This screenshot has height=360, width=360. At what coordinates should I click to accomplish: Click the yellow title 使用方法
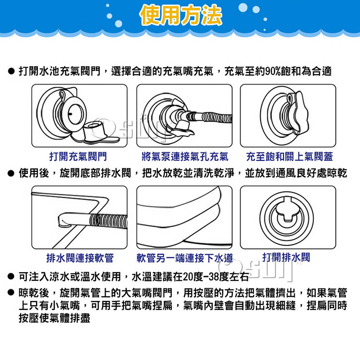coord(180,15)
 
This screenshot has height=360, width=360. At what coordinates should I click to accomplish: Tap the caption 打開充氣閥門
coord(78,156)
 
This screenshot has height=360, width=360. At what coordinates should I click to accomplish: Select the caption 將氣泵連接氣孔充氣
coord(185,156)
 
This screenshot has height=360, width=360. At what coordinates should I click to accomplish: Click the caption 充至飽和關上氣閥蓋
coord(289,156)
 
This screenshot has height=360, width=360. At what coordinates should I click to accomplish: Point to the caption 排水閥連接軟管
coord(80,258)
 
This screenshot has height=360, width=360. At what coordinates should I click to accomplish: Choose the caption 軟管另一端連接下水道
coord(185,258)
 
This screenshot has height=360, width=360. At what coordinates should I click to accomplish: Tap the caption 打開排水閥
coord(286,257)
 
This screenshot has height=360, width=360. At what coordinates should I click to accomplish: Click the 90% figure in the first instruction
coord(273,71)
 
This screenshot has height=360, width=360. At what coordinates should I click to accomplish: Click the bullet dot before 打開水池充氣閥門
coord(11,71)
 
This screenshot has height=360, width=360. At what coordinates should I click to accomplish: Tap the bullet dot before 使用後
coord(11,173)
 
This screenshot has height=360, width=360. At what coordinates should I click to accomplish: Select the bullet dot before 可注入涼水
coord(11,276)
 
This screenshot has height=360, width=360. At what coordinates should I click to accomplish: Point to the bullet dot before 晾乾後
coord(11,292)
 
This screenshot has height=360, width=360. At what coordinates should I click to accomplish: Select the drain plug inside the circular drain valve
coord(286,211)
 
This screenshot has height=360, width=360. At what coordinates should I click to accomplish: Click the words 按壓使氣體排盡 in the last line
coord(54,318)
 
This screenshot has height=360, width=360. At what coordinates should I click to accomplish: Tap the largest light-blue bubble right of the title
coord(243,8)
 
